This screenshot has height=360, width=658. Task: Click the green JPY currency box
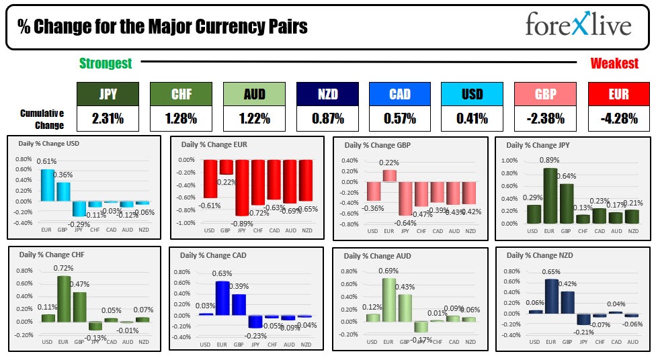108,95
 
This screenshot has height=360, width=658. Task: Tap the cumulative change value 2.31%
108,119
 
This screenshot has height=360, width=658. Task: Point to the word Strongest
106,64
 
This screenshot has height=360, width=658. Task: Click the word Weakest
614,64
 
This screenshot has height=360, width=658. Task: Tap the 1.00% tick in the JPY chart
509,161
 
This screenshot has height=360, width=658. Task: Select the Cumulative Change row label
42,119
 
